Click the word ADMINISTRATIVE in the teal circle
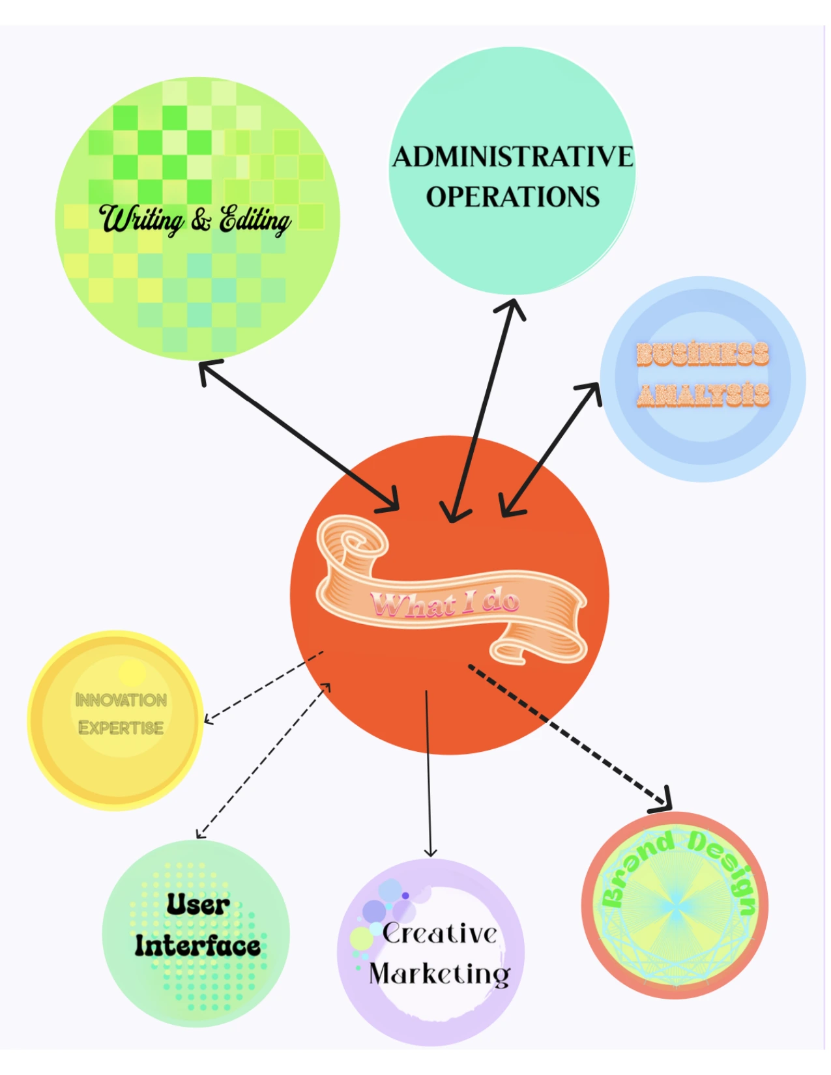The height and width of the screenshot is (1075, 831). coord(512,157)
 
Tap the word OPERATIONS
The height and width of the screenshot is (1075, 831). coord(512,197)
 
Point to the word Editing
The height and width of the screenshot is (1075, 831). coord(255,220)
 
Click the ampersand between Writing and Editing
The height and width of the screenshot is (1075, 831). coord(201,220)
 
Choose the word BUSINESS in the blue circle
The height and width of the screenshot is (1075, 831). coord(703,354)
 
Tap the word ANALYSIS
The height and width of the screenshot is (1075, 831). coord(703,395)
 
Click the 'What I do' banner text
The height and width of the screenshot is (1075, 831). coord(445,603)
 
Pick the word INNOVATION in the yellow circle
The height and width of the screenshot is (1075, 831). coord(121,700)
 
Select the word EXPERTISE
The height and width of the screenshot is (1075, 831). coord(121,728)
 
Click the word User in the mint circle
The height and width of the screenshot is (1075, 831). coord(197,904)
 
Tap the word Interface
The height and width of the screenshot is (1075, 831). coord(197,946)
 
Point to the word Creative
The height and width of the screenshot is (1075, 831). coord(440,934)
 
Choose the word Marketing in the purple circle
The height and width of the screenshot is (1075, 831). coord(440,974)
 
